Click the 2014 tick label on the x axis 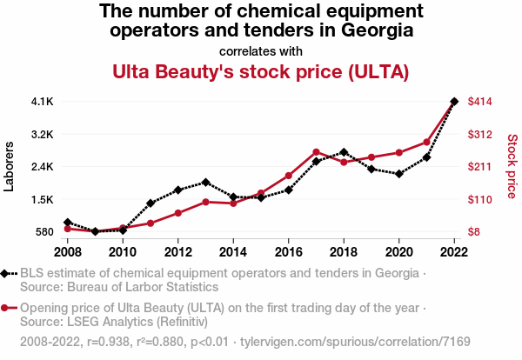[233, 252]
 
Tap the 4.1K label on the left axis [42, 102]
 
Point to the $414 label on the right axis [481, 102]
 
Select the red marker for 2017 [317, 152]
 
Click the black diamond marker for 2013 [205, 183]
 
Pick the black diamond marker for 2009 [95, 231]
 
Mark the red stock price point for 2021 [427, 142]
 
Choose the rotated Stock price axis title [512, 166]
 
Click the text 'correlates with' [261, 50]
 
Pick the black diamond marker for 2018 [345, 152]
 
